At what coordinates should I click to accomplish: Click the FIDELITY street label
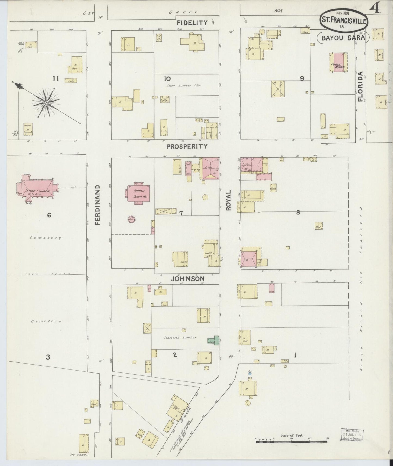click(x=192, y=23)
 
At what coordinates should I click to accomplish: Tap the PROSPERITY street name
click(x=187, y=146)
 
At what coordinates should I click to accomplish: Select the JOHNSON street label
click(x=188, y=279)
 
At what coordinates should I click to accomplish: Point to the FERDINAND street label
click(x=98, y=205)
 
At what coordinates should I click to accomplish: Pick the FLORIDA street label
click(x=361, y=86)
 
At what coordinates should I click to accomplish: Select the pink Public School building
click(x=338, y=62)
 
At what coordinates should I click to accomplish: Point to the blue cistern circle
click(x=250, y=374)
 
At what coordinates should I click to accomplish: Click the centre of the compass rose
click(x=46, y=102)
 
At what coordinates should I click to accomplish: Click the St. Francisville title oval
click(x=344, y=20)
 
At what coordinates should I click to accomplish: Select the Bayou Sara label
click(x=343, y=38)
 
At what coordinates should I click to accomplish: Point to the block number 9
click(x=302, y=78)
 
